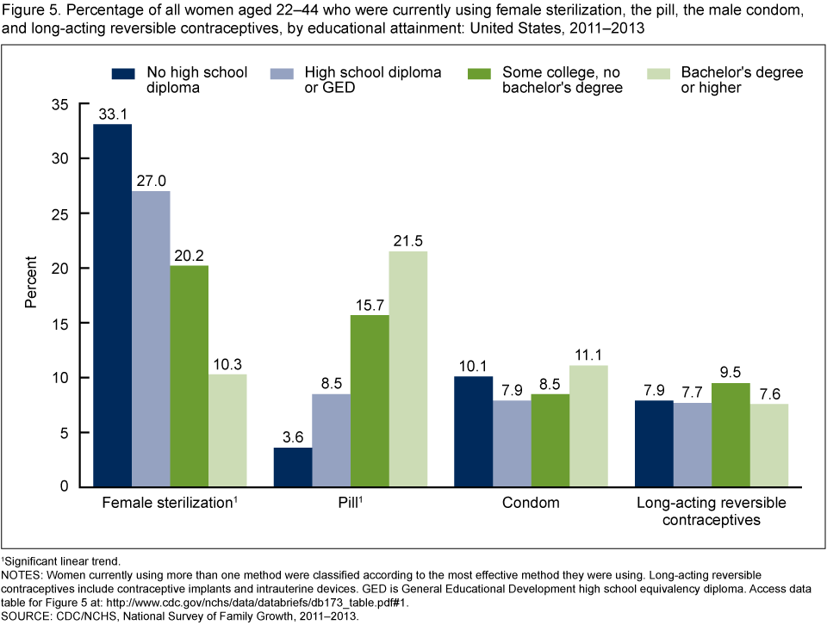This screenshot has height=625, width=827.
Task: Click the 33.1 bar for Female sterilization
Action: point(113,306)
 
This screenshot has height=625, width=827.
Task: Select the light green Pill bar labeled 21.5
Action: point(407,369)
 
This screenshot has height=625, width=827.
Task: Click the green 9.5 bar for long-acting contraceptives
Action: point(731,435)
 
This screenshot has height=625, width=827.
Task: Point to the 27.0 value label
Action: point(151,182)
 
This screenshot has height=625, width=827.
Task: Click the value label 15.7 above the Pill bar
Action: point(369,306)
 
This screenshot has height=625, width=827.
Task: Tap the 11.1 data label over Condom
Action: point(586,356)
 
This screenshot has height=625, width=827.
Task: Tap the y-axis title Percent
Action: point(31,282)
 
